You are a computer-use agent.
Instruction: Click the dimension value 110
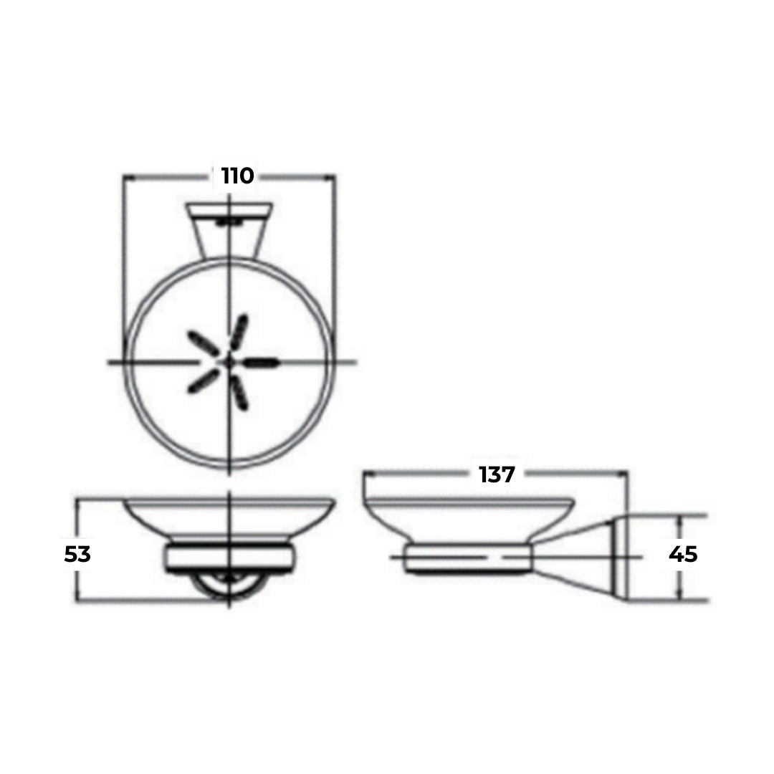click(x=237, y=176)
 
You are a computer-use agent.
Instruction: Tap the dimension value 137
click(x=497, y=474)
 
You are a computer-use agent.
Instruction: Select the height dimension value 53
click(x=78, y=554)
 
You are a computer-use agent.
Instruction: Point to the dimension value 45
click(x=682, y=554)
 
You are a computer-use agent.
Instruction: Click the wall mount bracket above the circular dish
click(x=229, y=228)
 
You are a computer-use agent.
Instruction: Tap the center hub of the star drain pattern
click(x=229, y=362)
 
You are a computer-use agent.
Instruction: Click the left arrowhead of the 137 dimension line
click(x=367, y=474)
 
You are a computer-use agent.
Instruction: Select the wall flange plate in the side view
click(x=618, y=558)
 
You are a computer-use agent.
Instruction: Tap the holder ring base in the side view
click(x=469, y=558)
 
